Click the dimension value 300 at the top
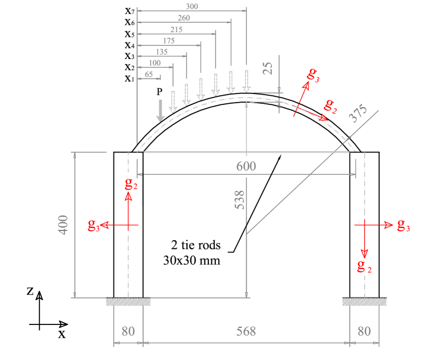(192, 6)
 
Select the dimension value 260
(184, 18)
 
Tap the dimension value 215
(176, 29)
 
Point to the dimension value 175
(168, 41)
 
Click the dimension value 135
(162, 52)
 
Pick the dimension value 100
(155, 63)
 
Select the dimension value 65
(149, 75)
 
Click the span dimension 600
(246, 166)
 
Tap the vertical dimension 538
(240, 199)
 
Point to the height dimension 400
(64, 224)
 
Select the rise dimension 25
(267, 69)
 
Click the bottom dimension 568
(246, 331)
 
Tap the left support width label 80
(128, 331)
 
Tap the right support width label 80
(364, 331)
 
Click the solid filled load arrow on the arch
(160, 109)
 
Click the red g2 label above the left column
(131, 183)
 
